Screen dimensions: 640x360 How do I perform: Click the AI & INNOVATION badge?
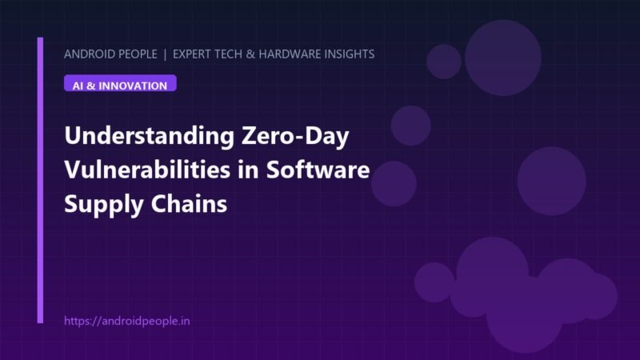(120, 83)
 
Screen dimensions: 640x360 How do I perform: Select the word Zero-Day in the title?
(295, 135)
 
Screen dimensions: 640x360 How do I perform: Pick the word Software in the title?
(318, 170)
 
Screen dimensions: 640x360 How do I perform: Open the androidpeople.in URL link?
(127, 321)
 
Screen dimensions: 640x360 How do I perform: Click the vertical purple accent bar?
(40, 181)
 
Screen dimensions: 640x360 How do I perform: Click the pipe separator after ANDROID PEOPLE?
(165, 54)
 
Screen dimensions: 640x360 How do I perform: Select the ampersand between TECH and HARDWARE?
(250, 54)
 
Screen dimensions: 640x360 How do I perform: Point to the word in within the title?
(248, 170)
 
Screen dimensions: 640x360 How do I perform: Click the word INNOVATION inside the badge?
(133, 86)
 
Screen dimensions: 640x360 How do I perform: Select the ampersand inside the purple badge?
(90, 86)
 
